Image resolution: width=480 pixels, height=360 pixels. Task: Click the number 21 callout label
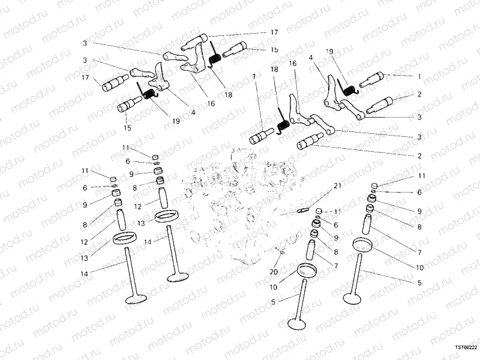coord(337,186)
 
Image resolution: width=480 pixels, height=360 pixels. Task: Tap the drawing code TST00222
coord(466,347)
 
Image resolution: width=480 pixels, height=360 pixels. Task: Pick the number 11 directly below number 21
coord(337,212)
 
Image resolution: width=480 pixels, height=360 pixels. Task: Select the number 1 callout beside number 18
coord(254,77)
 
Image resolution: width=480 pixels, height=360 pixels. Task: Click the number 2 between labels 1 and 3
coord(419,94)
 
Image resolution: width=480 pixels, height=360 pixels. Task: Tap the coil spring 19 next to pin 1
coord(351,88)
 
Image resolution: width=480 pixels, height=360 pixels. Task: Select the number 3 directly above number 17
coord(86,61)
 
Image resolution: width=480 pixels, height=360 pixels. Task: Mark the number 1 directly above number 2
coord(419,77)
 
